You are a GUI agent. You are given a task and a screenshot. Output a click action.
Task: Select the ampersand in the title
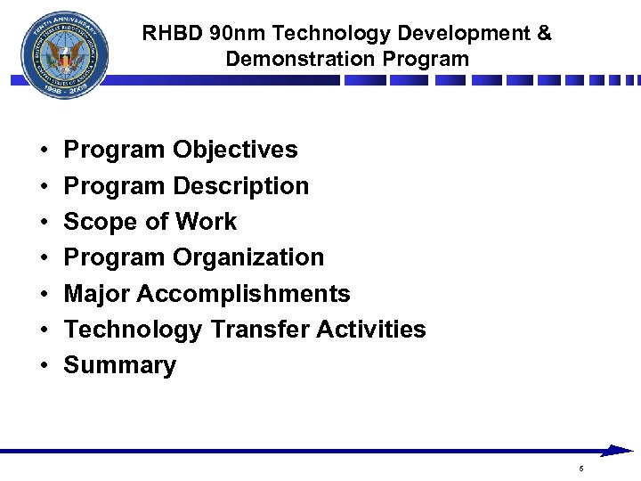pos(544,34)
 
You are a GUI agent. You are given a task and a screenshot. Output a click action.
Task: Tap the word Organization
pos(248,257)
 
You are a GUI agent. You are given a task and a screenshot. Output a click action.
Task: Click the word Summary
pos(120,365)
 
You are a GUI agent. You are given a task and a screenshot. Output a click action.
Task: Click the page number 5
pos(581,469)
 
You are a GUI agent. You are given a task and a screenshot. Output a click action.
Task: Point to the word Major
pos(97,294)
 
